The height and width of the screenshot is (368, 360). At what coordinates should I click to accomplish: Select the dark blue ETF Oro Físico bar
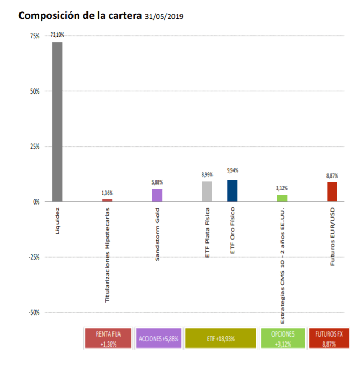pyautogui.click(x=232, y=190)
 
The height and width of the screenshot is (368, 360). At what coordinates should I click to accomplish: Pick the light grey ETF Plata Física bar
pyautogui.click(x=206, y=192)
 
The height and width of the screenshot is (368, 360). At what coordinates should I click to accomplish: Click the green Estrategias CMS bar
pyautogui.click(x=282, y=198)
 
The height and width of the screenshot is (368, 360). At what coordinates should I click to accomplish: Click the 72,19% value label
pyautogui.click(x=57, y=35)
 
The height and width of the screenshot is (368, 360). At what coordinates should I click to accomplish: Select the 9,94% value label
pyautogui.click(x=232, y=170)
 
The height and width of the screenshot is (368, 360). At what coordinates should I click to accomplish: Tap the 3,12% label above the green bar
pyautogui.click(x=282, y=188)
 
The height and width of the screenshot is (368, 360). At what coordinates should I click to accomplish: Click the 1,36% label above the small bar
pyautogui.click(x=108, y=193)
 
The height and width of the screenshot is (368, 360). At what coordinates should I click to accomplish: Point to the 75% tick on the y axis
pyautogui.click(x=35, y=36)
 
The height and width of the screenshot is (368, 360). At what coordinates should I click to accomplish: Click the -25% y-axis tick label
pyautogui.click(x=34, y=257)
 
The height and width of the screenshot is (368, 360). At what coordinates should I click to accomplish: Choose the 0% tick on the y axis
pyautogui.click(x=36, y=202)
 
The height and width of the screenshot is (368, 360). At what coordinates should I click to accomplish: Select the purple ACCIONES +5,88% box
pyautogui.click(x=158, y=338)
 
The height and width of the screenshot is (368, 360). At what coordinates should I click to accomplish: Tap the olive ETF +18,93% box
pyautogui.click(x=220, y=338)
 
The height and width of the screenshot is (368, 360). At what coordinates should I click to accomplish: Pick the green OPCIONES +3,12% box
pyautogui.click(x=282, y=338)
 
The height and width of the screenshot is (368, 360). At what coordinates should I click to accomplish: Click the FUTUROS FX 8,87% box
pyautogui.click(x=329, y=338)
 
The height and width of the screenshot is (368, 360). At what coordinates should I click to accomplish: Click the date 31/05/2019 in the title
pyautogui.click(x=164, y=16)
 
